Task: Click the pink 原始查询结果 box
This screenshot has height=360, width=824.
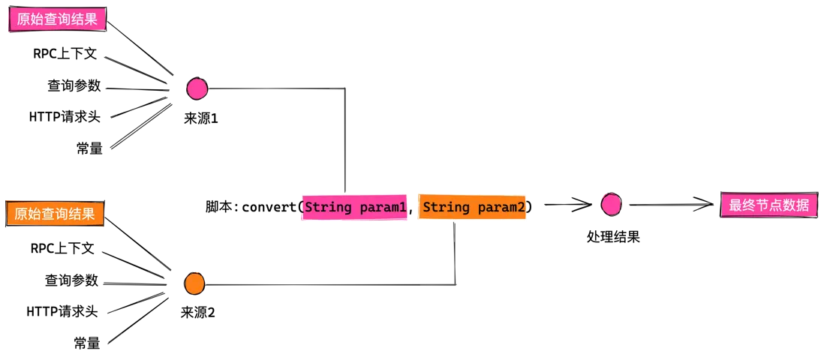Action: click(x=59, y=20)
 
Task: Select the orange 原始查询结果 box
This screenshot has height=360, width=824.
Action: click(x=56, y=214)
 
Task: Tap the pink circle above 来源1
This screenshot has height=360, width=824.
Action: click(x=197, y=88)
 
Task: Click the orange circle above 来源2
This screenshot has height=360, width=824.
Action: click(x=194, y=283)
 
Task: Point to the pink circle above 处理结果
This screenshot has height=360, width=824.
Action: click(x=612, y=205)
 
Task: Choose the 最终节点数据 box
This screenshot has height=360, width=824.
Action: click(x=768, y=205)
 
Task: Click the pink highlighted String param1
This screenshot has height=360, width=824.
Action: click(x=355, y=208)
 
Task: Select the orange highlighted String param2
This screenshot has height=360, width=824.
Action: click(x=473, y=208)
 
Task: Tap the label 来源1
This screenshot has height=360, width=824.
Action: click(x=200, y=118)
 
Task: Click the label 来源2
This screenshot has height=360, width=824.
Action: click(x=197, y=313)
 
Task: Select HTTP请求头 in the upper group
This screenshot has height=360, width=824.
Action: click(x=65, y=117)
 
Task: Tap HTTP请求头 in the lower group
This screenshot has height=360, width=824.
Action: click(x=62, y=312)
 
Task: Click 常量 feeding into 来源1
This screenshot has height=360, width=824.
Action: click(x=89, y=148)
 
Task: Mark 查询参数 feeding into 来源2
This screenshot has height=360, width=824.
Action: click(x=71, y=280)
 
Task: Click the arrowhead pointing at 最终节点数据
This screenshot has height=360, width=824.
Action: click(x=705, y=205)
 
